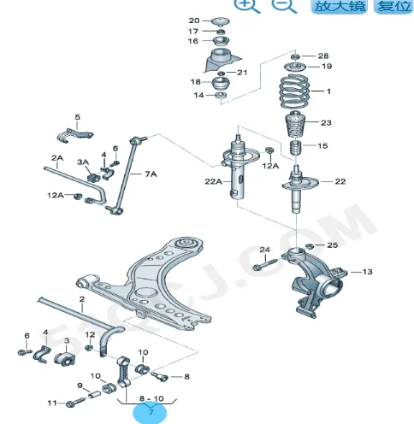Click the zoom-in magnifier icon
point(247,5)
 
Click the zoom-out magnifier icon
point(285,5)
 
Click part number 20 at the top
point(193,20)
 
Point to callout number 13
point(368,273)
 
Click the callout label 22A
point(212,181)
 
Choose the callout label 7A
point(151,174)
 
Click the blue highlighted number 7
point(151,412)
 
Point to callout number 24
point(264,250)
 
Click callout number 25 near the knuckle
point(332,245)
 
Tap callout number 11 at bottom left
point(50,403)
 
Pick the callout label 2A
point(57,158)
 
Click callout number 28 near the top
point(322,55)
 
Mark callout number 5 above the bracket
point(76,117)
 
